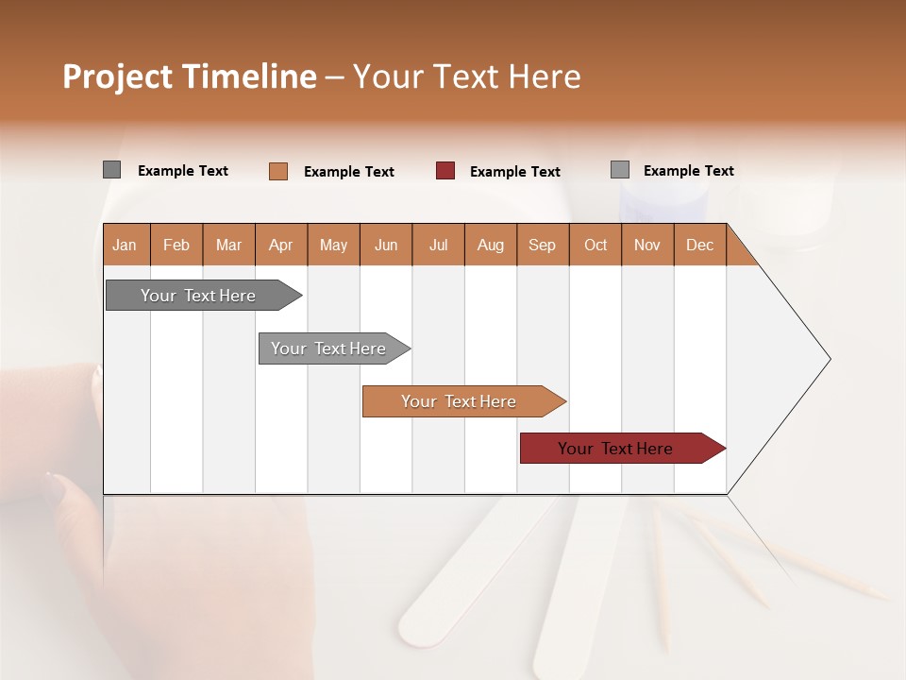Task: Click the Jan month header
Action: (x=126, y=245)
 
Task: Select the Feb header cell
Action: (x=176, y=245)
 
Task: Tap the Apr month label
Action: (x=281, y=245)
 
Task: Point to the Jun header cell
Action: (x=386, y=245)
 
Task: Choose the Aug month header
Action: (x=491, y=245)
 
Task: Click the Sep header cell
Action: (x=543, y=245)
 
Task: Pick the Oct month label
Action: (x=596, y=245)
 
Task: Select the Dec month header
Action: (x=700, y=245)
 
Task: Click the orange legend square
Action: (x=278, y=171)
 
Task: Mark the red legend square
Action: (x=445, y=171)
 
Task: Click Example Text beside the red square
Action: (x=515, y=172)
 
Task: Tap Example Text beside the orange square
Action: (x=349, y=172)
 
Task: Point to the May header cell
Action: (x=333, y=245)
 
